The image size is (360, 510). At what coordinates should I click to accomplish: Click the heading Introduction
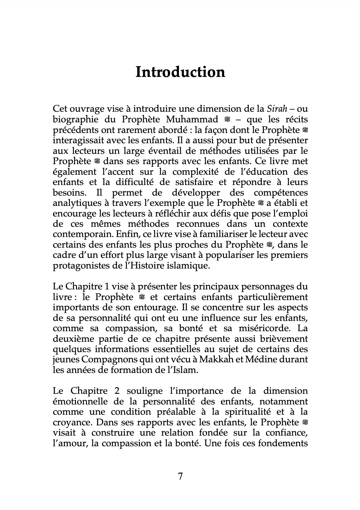click(180, 72)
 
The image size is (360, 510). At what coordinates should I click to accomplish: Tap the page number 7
click(180, 477)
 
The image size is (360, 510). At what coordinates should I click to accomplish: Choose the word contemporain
click(82, 234)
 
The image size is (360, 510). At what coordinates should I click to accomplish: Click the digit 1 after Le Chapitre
click(106, 287)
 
